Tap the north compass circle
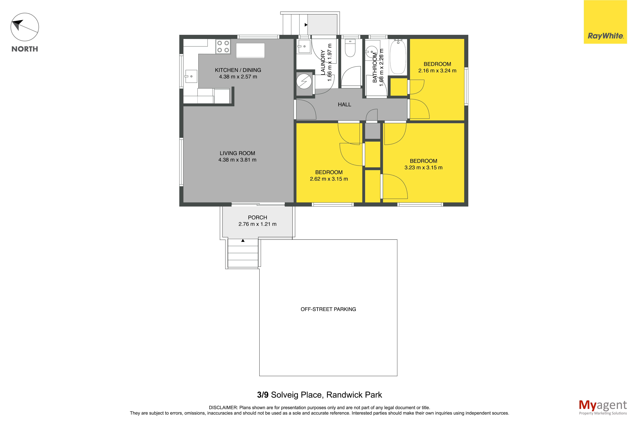point(25,27)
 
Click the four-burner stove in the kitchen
point(223,46)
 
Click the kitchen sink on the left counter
point(191,76)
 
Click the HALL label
point(344,105)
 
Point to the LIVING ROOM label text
point(237,153)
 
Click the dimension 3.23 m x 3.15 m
point(423,168)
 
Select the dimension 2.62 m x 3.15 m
point(329,179)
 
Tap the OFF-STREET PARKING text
point(328,309)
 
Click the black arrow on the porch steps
point(243,240)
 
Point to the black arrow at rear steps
point(306,25)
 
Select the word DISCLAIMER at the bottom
point(223,408)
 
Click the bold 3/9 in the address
point(263,395)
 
